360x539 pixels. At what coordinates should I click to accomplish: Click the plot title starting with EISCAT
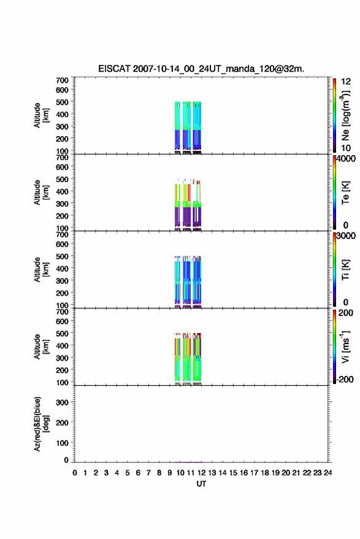(x=201, y=69)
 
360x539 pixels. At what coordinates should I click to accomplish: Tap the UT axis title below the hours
(x=201, y=484)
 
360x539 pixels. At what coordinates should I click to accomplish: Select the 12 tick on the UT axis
(x=201, y=473)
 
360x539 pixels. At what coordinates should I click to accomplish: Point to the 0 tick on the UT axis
(x=75, y=473)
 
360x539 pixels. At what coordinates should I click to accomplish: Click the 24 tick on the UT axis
(x=327, y=473)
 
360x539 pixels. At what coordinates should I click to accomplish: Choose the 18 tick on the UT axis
(x=264, y=473)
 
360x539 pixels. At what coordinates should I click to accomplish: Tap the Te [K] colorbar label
(x=345, y=193)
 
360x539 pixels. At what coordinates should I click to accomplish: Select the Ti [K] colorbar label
(x=345, y=270)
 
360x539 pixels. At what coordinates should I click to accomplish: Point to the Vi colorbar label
(x=345, y=346)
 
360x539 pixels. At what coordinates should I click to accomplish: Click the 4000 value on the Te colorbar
(x=347, y=159)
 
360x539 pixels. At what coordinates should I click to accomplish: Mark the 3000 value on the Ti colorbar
(x=347, y=236)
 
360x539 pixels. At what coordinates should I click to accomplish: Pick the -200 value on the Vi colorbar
(x=345, y=379)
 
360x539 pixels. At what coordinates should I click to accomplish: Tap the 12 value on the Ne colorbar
(x=346, y=82)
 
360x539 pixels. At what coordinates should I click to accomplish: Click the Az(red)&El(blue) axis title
(x=41, y=424)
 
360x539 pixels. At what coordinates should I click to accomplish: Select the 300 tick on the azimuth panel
(x=62, y=402)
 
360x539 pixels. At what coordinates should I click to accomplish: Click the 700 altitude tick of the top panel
(x=62, y=80)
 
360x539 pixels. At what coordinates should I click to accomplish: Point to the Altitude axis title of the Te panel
(x=41, y=193)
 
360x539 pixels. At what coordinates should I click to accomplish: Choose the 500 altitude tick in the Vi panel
(x=62, y=333)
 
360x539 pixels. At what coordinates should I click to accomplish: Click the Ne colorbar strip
(x=334, y=115)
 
